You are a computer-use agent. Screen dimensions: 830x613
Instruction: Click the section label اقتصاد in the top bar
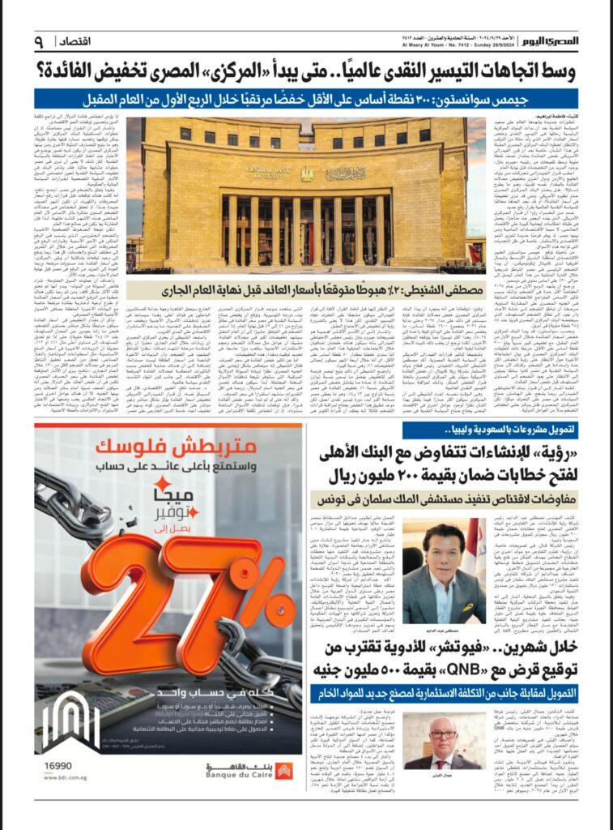pos(85,41)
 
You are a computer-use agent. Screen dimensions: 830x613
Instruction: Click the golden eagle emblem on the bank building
pos(305,173)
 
